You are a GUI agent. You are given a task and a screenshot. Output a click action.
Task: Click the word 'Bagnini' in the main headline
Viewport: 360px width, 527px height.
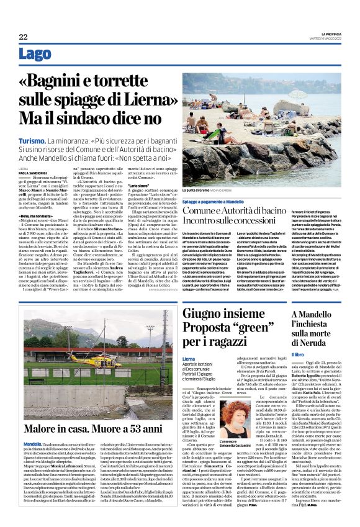tap(63, 81)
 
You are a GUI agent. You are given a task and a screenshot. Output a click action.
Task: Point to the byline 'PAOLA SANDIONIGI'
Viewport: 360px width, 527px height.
tap(33, 172)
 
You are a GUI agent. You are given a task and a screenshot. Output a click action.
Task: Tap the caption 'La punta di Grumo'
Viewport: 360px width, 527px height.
tap(199, 190)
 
